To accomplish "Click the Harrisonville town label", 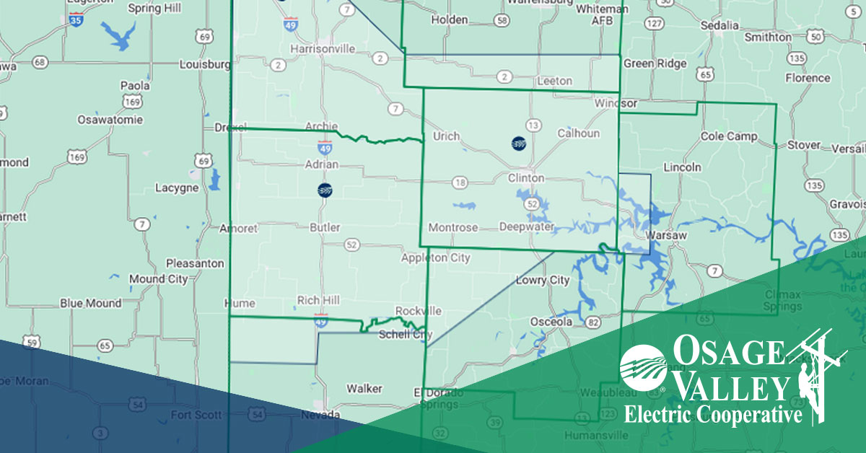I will [323, 48].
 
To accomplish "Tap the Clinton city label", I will [526, 177].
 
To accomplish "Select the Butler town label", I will [324, 227].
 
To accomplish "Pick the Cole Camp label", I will [729, 136].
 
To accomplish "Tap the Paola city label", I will [135, 85].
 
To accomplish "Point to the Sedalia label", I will [720, 25].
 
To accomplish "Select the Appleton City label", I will [436, 258].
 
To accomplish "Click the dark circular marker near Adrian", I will [325, 190].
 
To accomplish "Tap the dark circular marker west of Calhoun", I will [517, 144].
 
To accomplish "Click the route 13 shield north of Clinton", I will [533, 126].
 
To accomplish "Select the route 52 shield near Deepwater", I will [533, 205].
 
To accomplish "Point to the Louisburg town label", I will [204, 63].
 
